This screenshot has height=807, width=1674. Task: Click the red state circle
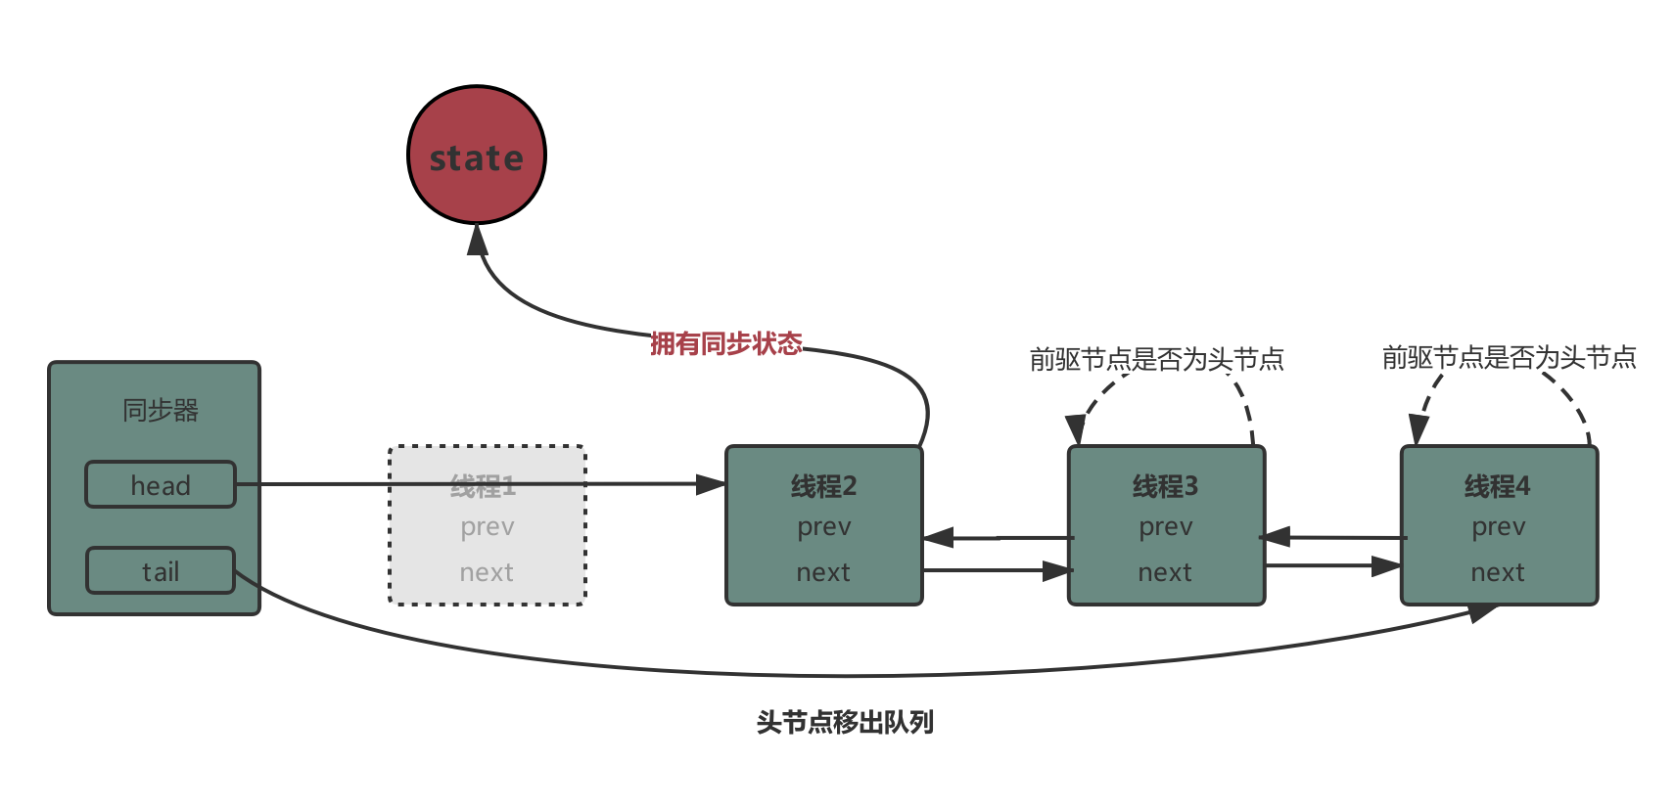(x=477, y=155)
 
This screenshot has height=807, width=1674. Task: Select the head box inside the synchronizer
(x=161, y=485)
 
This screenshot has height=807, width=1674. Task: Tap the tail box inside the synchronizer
(x=161, y=571)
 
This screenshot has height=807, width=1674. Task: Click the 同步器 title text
(x=161, y=410)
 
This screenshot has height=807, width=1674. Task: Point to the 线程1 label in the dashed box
(x=483, y=486)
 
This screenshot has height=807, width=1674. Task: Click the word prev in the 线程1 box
(x=488, y=527)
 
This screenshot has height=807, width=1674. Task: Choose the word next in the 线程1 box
(x=487, y=572)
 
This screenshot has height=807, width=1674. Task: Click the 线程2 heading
(x=823, y=486)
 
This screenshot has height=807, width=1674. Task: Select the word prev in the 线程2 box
(x=824, y=527)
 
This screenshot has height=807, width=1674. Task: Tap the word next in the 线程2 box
(x=823, y=572)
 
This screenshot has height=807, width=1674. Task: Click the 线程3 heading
(x=1165, y=486)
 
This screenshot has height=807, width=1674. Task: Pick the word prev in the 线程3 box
(x=1166, y=527)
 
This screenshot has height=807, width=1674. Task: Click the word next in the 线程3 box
(x=1165, y=572)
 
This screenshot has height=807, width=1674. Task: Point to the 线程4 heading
(x=1498, y=486)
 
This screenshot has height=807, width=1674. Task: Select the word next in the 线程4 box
(x=1498, y=572)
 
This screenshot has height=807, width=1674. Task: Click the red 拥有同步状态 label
(x=726, y=343)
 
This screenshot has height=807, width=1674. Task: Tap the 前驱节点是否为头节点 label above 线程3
(x=1156, y=359)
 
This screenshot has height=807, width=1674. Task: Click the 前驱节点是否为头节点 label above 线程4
(x=1509, y=357)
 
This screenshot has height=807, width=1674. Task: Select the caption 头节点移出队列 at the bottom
(x=845, y=722)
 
